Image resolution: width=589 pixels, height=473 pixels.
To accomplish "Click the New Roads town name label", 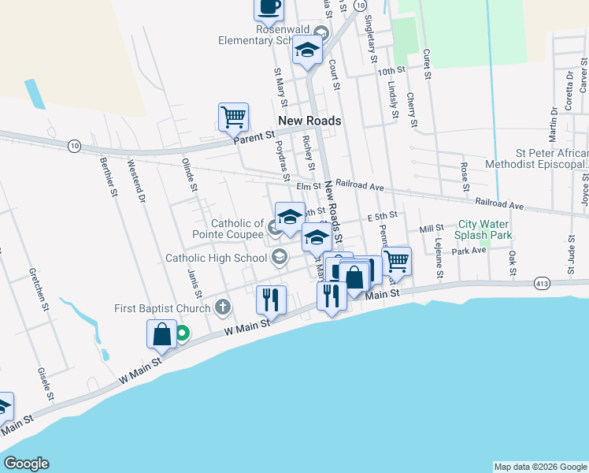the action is tap(309, 121).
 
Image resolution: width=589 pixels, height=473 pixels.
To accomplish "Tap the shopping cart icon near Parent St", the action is tap(233, 117).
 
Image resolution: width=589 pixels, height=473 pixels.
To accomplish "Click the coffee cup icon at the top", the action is tap(268, 8).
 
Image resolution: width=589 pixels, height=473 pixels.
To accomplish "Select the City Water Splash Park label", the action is tap(485, 229).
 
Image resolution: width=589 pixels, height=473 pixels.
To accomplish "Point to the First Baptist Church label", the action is tap(164, 307).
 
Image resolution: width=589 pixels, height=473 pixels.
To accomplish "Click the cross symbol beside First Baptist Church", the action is tap(223, 307).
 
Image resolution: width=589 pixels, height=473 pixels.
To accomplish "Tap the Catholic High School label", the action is tap(216, 258).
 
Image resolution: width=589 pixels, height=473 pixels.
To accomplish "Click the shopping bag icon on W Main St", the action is tap(161, 333).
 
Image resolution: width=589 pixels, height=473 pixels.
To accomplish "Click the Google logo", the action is tap(26, 464).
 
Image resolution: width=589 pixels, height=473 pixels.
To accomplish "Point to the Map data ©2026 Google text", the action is tap(539, 467).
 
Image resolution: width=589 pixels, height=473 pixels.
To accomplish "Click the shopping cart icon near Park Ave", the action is tap(397, 261).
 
